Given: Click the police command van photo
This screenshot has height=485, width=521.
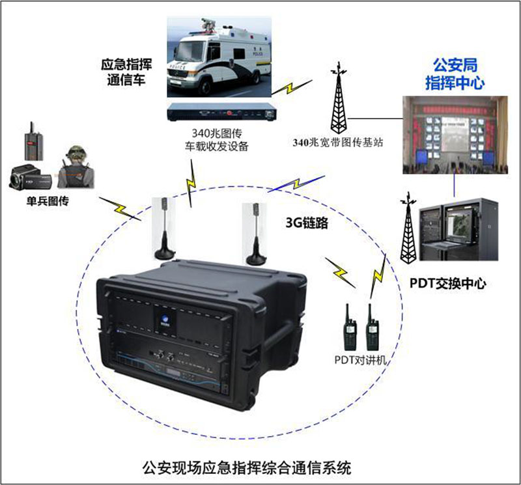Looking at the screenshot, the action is point(219,57).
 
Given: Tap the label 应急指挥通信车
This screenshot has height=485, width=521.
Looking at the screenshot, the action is point(126,72).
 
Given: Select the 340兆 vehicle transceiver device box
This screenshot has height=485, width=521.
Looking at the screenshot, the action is point(222,112).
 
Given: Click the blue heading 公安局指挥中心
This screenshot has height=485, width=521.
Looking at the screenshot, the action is point(455,74).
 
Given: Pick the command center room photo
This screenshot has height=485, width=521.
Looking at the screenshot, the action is point(455,135).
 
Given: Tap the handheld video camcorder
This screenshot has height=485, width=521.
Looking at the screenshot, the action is point(30,177).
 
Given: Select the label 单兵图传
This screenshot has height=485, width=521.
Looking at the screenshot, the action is point(48,201).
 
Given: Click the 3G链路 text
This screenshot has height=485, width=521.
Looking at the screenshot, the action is point(307,223).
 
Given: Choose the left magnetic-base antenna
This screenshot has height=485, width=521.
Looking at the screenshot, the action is point(164,228).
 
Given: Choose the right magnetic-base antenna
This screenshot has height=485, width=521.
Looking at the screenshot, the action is point(256,234).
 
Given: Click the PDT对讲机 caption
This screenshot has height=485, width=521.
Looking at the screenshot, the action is point(360,360).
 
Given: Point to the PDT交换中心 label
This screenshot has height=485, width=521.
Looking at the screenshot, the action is point(447,283).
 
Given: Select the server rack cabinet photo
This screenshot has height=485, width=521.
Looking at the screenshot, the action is point(458,230).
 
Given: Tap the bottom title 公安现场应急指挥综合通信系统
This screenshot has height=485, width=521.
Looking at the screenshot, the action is point(247,467).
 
